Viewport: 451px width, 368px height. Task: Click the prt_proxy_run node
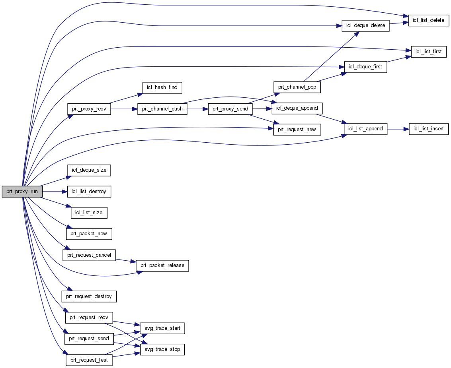point(22,192)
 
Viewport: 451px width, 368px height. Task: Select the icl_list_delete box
point(429,20)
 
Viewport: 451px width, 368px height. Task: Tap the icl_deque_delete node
point(365,25)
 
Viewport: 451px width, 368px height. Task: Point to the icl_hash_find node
point(162,87)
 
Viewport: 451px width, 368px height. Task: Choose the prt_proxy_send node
point(230,109)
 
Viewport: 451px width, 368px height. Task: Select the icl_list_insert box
point(429,129)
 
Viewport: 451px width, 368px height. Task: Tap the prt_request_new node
point(297,130)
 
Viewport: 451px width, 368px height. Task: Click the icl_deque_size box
point(89,170)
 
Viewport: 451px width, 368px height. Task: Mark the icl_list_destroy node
point(89,192)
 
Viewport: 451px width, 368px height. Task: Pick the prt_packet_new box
point(89,234)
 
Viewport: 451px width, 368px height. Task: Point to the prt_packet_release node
point(162,265)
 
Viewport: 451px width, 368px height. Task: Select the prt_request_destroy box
point(89,296)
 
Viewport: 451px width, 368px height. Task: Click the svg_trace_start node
point(162,328)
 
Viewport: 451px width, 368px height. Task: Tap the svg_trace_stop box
point(162,350)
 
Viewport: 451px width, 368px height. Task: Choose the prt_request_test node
point(89,360)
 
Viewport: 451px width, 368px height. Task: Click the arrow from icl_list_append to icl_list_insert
point(398,129)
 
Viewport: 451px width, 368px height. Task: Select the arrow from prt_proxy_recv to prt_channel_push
point(124,109)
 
